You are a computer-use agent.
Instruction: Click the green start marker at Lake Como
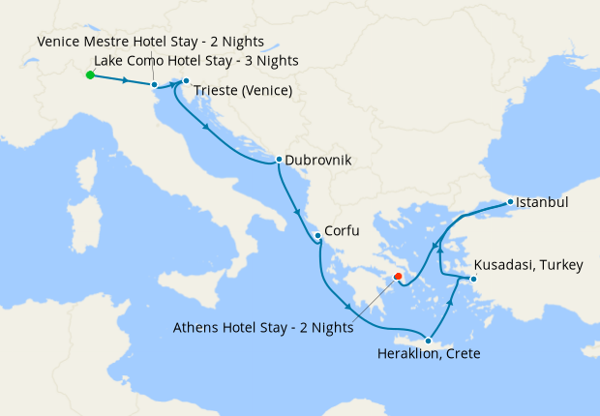(89, 74)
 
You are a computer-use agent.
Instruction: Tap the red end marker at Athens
(397, 277)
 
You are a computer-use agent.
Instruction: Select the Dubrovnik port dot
(279, 160)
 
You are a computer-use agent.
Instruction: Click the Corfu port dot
(316, 236)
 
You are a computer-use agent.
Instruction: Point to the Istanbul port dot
(510, 203)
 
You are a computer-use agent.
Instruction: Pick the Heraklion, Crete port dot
(428, 341)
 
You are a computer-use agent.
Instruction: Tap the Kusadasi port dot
(472, 280)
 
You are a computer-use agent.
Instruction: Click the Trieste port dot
(186, 81)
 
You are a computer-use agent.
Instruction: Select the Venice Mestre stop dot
(155, 85)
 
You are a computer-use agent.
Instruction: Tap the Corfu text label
(343, 232)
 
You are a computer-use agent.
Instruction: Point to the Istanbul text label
(542, 203)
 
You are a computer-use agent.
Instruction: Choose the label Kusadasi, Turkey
(528, 264)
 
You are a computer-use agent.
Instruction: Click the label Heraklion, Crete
(429, 354)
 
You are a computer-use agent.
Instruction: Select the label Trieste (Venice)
(244, 92)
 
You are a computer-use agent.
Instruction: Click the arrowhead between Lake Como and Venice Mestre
(125, 80)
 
